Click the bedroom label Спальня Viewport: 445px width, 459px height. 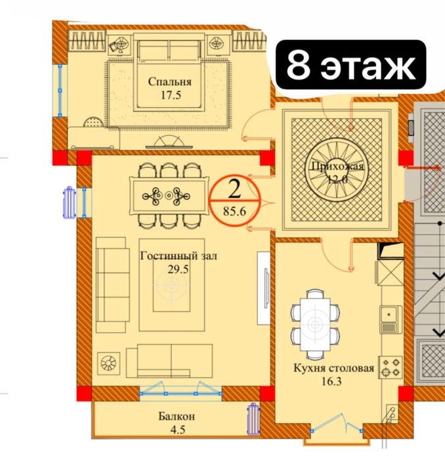170,81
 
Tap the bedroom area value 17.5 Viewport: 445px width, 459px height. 171,95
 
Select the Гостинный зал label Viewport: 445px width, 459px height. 179,256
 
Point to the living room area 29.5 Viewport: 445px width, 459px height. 178,269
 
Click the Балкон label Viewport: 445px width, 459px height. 177,416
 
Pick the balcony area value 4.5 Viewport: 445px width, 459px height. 177,429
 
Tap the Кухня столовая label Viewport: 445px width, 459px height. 334,368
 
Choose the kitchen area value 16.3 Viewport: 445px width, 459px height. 331,382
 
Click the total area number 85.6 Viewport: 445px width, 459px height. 234,211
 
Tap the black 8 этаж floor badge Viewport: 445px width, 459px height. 350,65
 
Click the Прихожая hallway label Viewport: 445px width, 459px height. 337,167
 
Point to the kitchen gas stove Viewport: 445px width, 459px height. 391,367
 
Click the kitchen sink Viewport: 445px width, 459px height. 391,320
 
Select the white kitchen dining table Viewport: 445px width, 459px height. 315,324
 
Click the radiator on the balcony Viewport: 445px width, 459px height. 253,419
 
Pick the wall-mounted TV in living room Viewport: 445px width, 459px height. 266,288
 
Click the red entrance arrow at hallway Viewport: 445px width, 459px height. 423,168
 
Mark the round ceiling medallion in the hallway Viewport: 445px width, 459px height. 337,170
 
